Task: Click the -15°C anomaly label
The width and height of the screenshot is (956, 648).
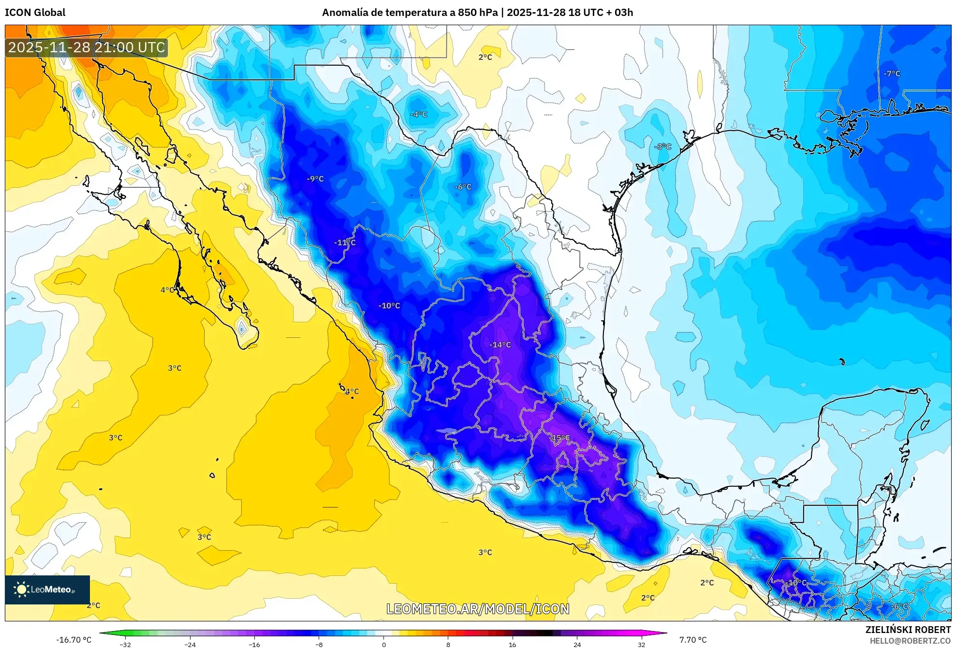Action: pos(560,438)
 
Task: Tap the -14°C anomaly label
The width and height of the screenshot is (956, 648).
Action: pos(500,345)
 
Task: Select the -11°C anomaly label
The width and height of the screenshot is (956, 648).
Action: pos(345,242)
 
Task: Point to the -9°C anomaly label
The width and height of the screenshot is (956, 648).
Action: pos(315,179)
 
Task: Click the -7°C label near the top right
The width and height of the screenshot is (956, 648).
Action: pos(892,74)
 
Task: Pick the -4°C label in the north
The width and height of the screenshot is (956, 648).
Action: pos(419,114)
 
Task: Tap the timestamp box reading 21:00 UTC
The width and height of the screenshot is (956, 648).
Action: pos(87,47)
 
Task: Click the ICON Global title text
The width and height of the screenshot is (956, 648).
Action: pos(35,13)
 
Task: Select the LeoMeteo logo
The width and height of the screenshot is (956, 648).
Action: pos(47,589)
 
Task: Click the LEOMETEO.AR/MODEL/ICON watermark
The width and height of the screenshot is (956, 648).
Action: pos(478,609)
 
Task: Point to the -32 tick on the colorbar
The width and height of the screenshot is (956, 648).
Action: pos(125,644)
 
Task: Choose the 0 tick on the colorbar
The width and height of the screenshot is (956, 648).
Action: pos(383,644)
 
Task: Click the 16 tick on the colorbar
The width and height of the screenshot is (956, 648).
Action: pos(512,644)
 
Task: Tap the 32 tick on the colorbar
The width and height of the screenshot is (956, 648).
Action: pos(641,644)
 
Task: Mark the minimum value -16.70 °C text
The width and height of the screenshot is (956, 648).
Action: pos(74,640)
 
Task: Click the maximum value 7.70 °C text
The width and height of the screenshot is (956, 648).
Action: pos(693,640)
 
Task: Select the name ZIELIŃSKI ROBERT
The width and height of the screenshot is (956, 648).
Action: pos(908,630)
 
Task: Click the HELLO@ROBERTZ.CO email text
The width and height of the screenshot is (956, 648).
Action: pos(910,641)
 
